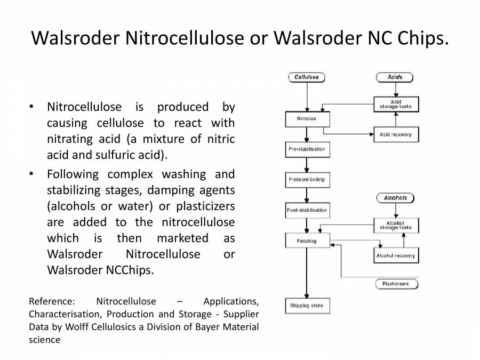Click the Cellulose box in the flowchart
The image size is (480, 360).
pyautogui.click(x=307, y=77)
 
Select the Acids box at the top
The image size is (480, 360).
pyautogui.click(x=395, y=77)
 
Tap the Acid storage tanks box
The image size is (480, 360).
pyautogui.click(x=395, y=104)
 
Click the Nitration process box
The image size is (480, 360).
pyautogui.click(x=307, y=119)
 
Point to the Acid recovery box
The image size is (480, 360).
pyautogui.click(x=395, y=134)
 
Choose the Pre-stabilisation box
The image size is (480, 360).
pyautogui.click(x=307, y=149)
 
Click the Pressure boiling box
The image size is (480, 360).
pyautogui.click(x=307, y=180)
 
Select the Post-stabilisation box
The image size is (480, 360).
pyautogui.click(x=307, y=210)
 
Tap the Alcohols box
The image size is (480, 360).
pyautogui.click(x=395, y=198)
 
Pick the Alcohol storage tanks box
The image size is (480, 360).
pyautogui.click(x=395, y=226)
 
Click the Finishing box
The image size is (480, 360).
pyautogui.click(x=307, y=241)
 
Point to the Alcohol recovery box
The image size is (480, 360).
pyautogui.click(x=395, y=256)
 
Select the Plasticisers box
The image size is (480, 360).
pyautogui.click(x=395, y=284)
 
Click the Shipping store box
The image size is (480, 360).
pyautogui.click(x=307, y=306)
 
